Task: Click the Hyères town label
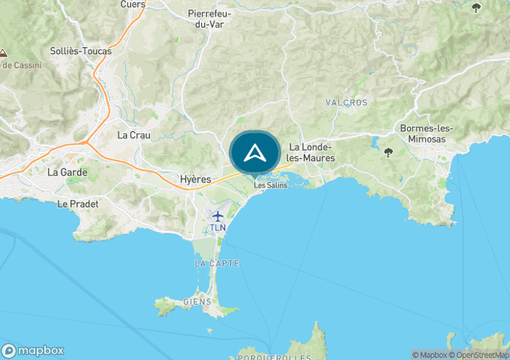tap(195, 179)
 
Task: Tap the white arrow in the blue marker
tap(254, 152)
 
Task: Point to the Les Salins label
tap(270, 185)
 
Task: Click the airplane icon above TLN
tap(218, 216)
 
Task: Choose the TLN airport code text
tap(218, 227)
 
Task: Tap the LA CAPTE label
tap(217, 262)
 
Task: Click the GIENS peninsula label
tap(197, 302)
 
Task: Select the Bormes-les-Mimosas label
tap(426, 133)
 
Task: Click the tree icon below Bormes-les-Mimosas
tap(388, 152)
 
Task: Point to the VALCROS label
tap(347, 103)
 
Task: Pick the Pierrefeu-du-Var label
tap(210, 18)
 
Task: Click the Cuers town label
tap(133, 4)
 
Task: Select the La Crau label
tap(133, 135)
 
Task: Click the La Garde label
tap(67, 173)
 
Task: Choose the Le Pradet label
tap(77, 204)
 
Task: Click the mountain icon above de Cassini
tap(4, 53)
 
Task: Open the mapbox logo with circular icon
tap(34, 350)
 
